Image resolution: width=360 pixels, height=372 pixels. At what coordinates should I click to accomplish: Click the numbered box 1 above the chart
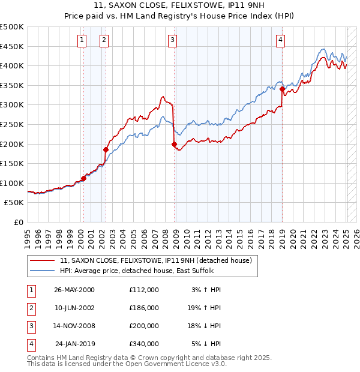tap(82, 40)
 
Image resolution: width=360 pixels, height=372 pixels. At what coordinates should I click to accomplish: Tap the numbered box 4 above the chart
tap(280, 40)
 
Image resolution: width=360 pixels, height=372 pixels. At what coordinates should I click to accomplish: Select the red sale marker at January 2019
tap(282, 89)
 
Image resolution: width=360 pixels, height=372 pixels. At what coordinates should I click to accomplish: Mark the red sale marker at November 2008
tap(174, 144)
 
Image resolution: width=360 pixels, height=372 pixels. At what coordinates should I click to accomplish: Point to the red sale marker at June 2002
tap(106, 149)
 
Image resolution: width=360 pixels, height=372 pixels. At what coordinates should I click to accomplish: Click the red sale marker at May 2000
tap(84, 178)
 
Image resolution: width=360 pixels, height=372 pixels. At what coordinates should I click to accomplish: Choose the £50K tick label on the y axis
tap(14, 203)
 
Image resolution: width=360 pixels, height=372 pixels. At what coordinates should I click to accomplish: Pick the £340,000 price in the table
tap(144, 344)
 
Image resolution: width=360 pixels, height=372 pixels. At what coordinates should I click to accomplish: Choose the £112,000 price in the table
tap(144, 289)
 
